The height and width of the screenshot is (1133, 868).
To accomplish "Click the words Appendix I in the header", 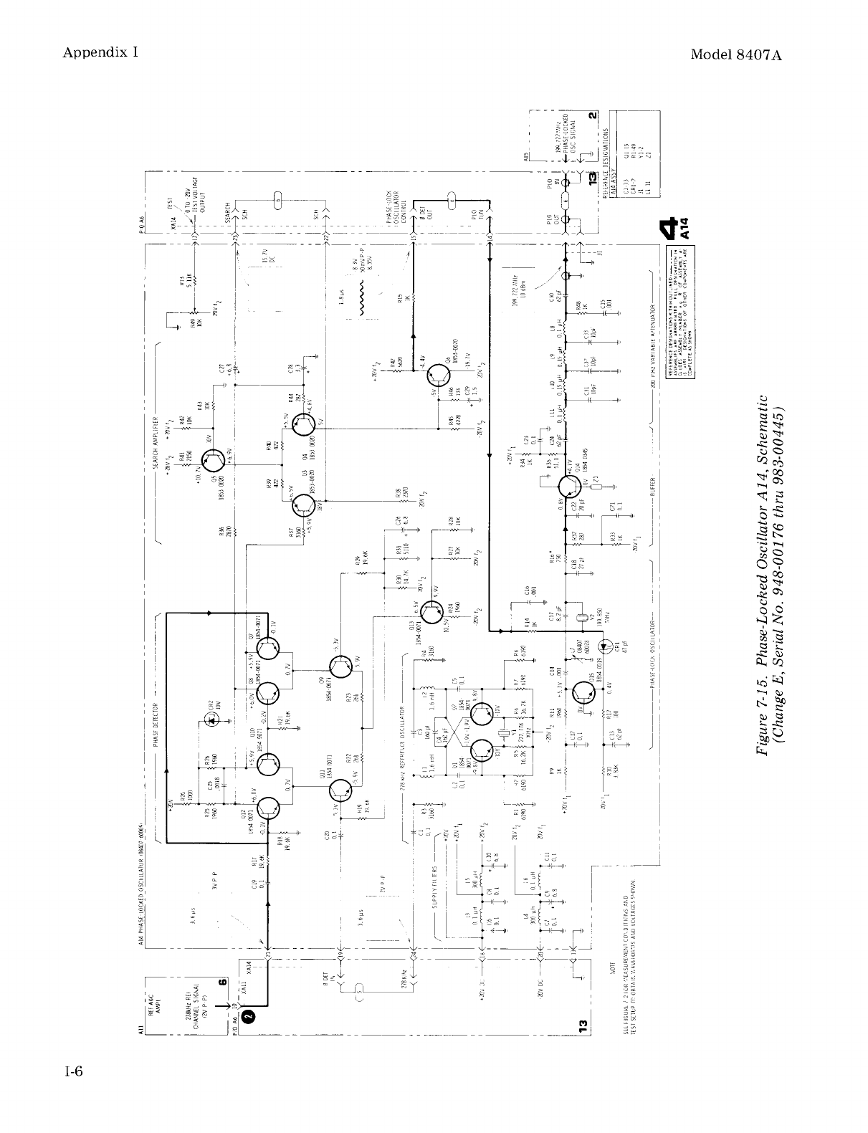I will (x=100, y=52).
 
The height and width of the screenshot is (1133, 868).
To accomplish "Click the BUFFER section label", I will (x=652, y=489).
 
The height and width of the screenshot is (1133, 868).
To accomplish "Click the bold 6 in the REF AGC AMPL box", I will (x=223, y=983).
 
